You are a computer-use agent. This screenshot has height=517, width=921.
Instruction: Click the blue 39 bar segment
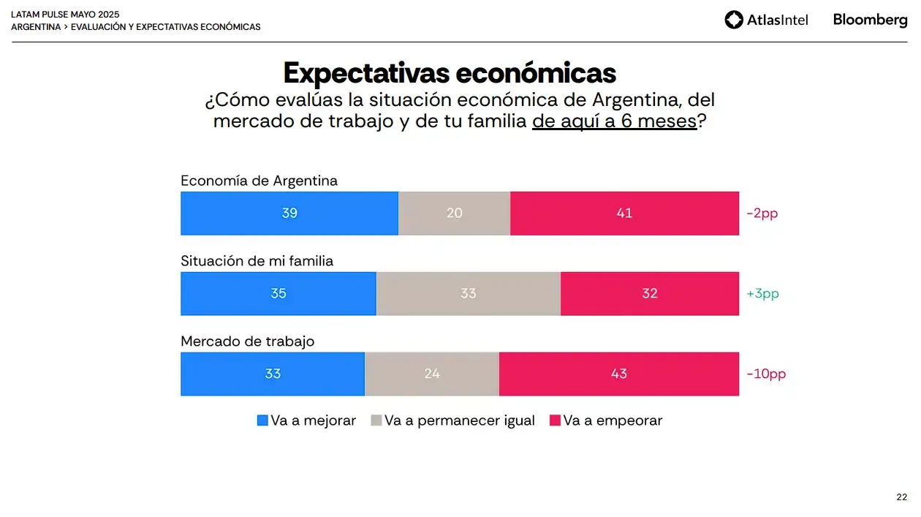pos(289,214)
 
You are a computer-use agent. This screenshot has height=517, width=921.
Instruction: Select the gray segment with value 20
pos(454,214)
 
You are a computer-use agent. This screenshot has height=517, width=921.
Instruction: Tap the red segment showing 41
pos(624,214)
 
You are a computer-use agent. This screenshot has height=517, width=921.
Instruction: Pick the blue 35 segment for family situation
pos(278,294)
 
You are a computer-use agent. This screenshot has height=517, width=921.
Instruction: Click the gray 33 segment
pos(468,294)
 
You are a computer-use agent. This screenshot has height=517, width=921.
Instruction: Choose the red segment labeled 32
pos(649,294)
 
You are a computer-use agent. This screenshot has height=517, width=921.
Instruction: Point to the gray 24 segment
pos(431,374)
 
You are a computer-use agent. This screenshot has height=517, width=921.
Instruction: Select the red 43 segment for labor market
pos(618,374)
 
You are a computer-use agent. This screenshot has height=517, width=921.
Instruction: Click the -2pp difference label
pos(762,214)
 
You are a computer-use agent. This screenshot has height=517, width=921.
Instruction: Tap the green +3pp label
pos(762,294)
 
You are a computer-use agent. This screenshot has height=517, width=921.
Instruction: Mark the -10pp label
pos(766,374)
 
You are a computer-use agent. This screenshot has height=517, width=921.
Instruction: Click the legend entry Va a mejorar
pos(306,420)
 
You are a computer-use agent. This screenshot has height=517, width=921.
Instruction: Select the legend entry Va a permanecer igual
pos(453,420)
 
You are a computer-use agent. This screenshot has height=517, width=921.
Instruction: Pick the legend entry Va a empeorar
pos(606,420)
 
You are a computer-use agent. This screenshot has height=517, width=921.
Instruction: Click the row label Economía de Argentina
pos(259,181)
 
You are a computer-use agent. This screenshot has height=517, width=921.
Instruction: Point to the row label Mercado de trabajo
pos(247,341)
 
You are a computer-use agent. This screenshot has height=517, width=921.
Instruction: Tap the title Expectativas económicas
pos(450,73)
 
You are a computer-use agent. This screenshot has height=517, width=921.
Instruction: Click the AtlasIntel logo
pos(766,20)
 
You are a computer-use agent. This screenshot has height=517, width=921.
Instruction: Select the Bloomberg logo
pos(870,20)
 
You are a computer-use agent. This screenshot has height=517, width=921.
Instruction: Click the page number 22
pos(901,497)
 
